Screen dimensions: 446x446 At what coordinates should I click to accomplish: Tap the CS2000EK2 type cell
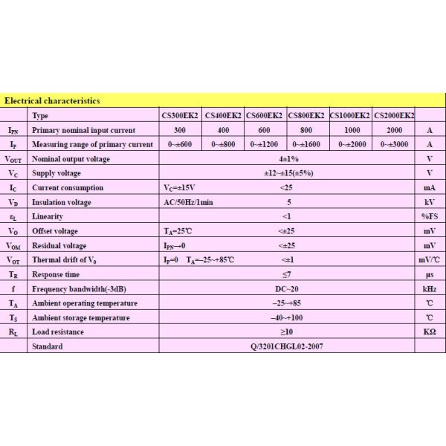(394, 115)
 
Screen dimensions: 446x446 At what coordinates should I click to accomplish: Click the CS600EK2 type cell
(265, 115)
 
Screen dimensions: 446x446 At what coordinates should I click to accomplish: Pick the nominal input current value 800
(306, 129)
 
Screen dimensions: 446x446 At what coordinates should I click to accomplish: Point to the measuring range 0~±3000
(393, 144)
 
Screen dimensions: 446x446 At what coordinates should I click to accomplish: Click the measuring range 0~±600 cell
(181, 144)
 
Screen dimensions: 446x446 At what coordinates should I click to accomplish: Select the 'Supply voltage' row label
(60, 173)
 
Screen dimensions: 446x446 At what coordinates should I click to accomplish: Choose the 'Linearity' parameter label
(48, 216)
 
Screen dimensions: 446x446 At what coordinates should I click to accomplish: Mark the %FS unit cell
(430, 216)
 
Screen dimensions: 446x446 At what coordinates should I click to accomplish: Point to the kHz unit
(430, 288)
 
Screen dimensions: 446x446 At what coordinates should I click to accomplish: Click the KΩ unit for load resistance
(430, 332)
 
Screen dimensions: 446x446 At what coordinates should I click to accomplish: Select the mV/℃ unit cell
(430, 260)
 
